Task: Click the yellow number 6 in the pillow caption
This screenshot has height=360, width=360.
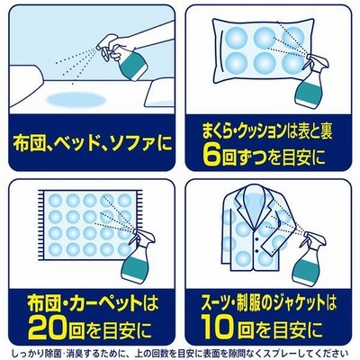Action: (210, 156)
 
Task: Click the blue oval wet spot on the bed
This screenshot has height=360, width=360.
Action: (74, 100)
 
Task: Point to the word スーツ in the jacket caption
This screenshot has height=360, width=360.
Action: (213, 303)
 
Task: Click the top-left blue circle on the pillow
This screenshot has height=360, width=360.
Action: (236, 38)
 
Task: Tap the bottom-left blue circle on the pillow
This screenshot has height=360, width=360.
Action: (236, 64)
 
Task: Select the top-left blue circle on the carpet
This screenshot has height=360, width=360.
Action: (55, 201)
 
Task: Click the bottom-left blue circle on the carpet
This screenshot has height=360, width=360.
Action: (55, 248)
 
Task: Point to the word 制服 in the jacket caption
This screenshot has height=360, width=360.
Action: (249, 303)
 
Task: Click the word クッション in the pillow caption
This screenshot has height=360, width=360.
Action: (266, 132)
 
